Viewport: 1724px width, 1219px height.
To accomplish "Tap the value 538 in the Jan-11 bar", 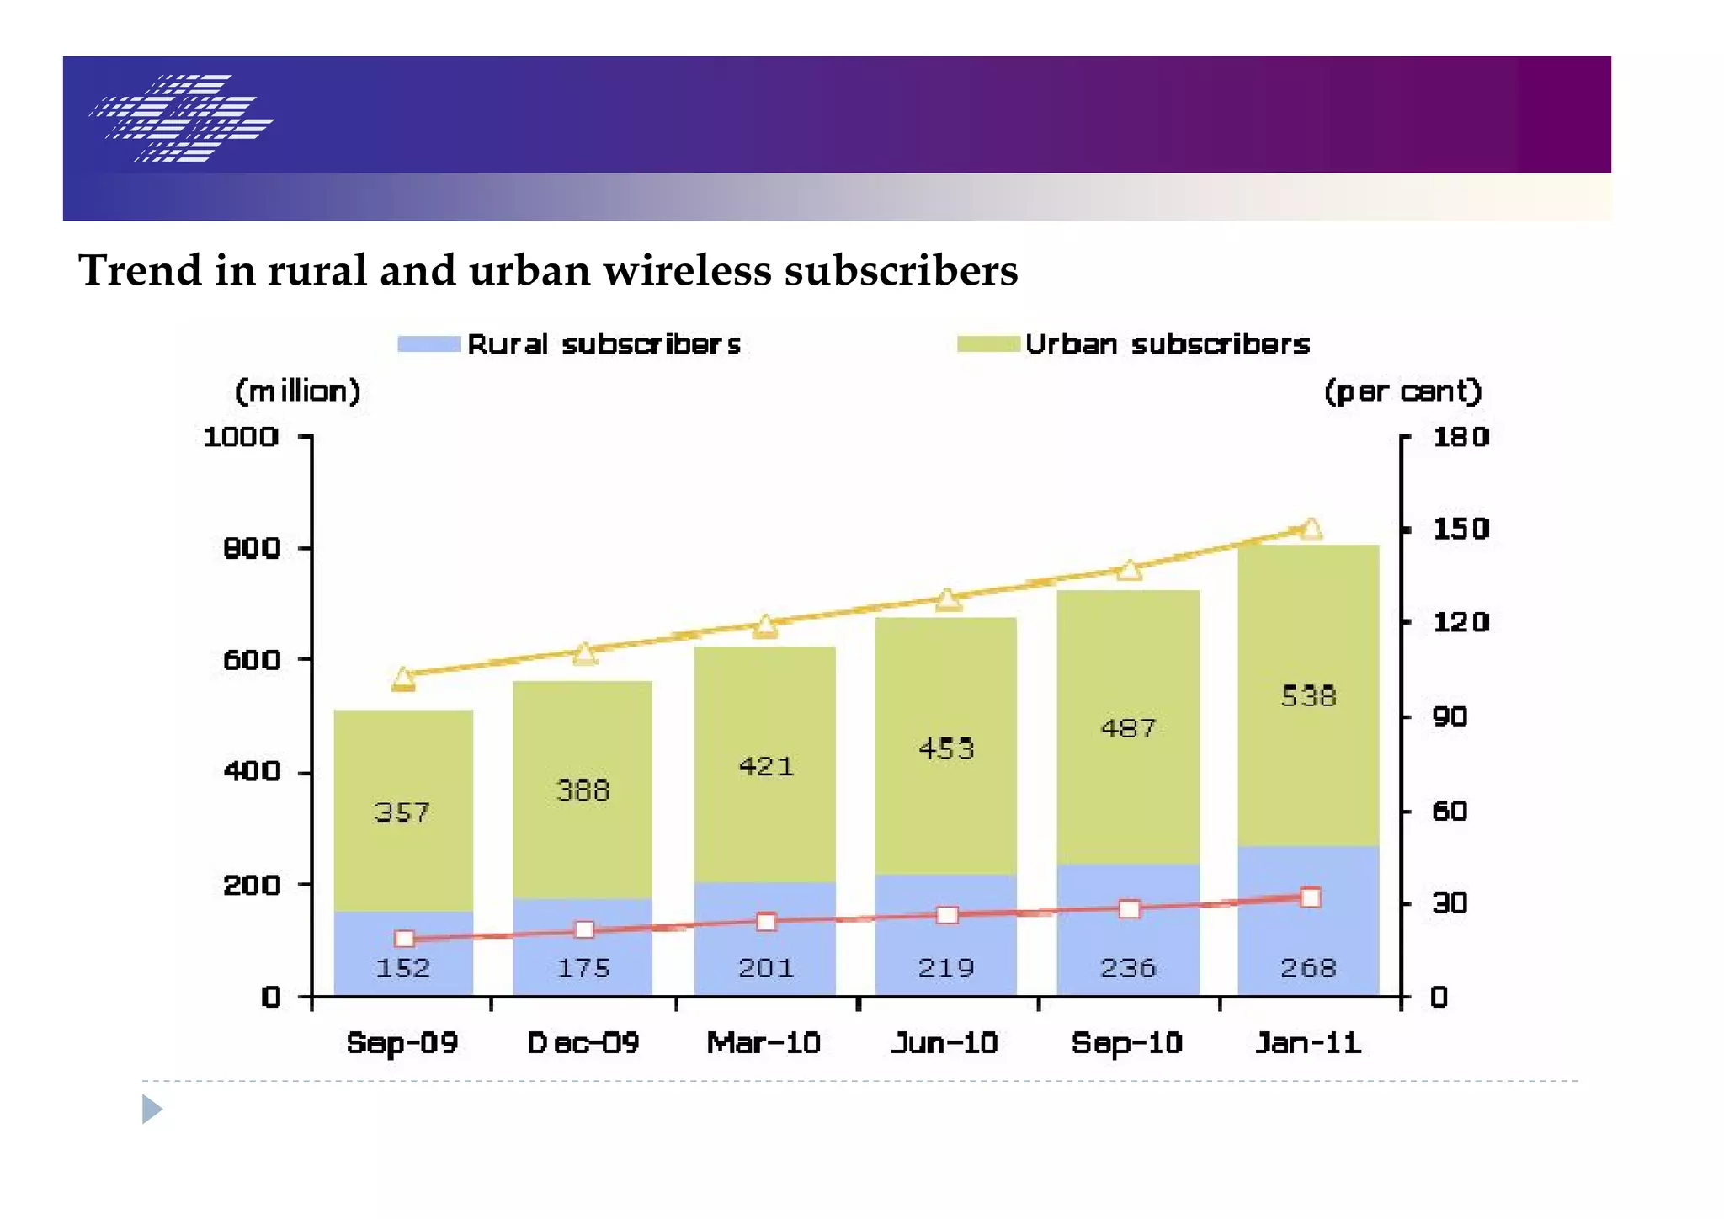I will (1308, 696).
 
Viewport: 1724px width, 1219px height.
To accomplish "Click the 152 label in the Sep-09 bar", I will (402, 968).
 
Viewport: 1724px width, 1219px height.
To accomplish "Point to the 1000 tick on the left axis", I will (240, 437).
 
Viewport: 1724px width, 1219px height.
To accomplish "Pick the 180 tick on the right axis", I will (1461, 437).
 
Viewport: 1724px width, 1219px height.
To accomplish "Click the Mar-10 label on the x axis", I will (764, 1043).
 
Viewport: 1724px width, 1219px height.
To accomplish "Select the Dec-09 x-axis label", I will (583, 1043).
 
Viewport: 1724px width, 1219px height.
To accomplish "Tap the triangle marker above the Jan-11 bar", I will (1311, 529).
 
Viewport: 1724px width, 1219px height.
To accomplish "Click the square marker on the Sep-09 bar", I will (404, 939).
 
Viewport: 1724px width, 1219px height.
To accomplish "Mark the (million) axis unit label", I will (298, 391).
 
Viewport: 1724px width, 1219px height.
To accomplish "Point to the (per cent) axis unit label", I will (1402, 391).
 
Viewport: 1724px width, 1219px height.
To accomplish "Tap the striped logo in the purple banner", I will (182, 118).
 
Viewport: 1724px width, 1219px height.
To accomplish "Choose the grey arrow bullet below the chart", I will (152, 1109).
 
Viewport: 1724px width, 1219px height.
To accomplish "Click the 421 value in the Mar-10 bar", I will (766, 767).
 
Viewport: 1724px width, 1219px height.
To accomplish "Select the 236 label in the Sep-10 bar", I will (1128, 968).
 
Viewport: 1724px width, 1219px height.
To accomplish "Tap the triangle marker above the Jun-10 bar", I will (948, 599).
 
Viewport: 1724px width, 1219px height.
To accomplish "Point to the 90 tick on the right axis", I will (1449, 717).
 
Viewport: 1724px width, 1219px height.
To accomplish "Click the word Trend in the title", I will (141, 271).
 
